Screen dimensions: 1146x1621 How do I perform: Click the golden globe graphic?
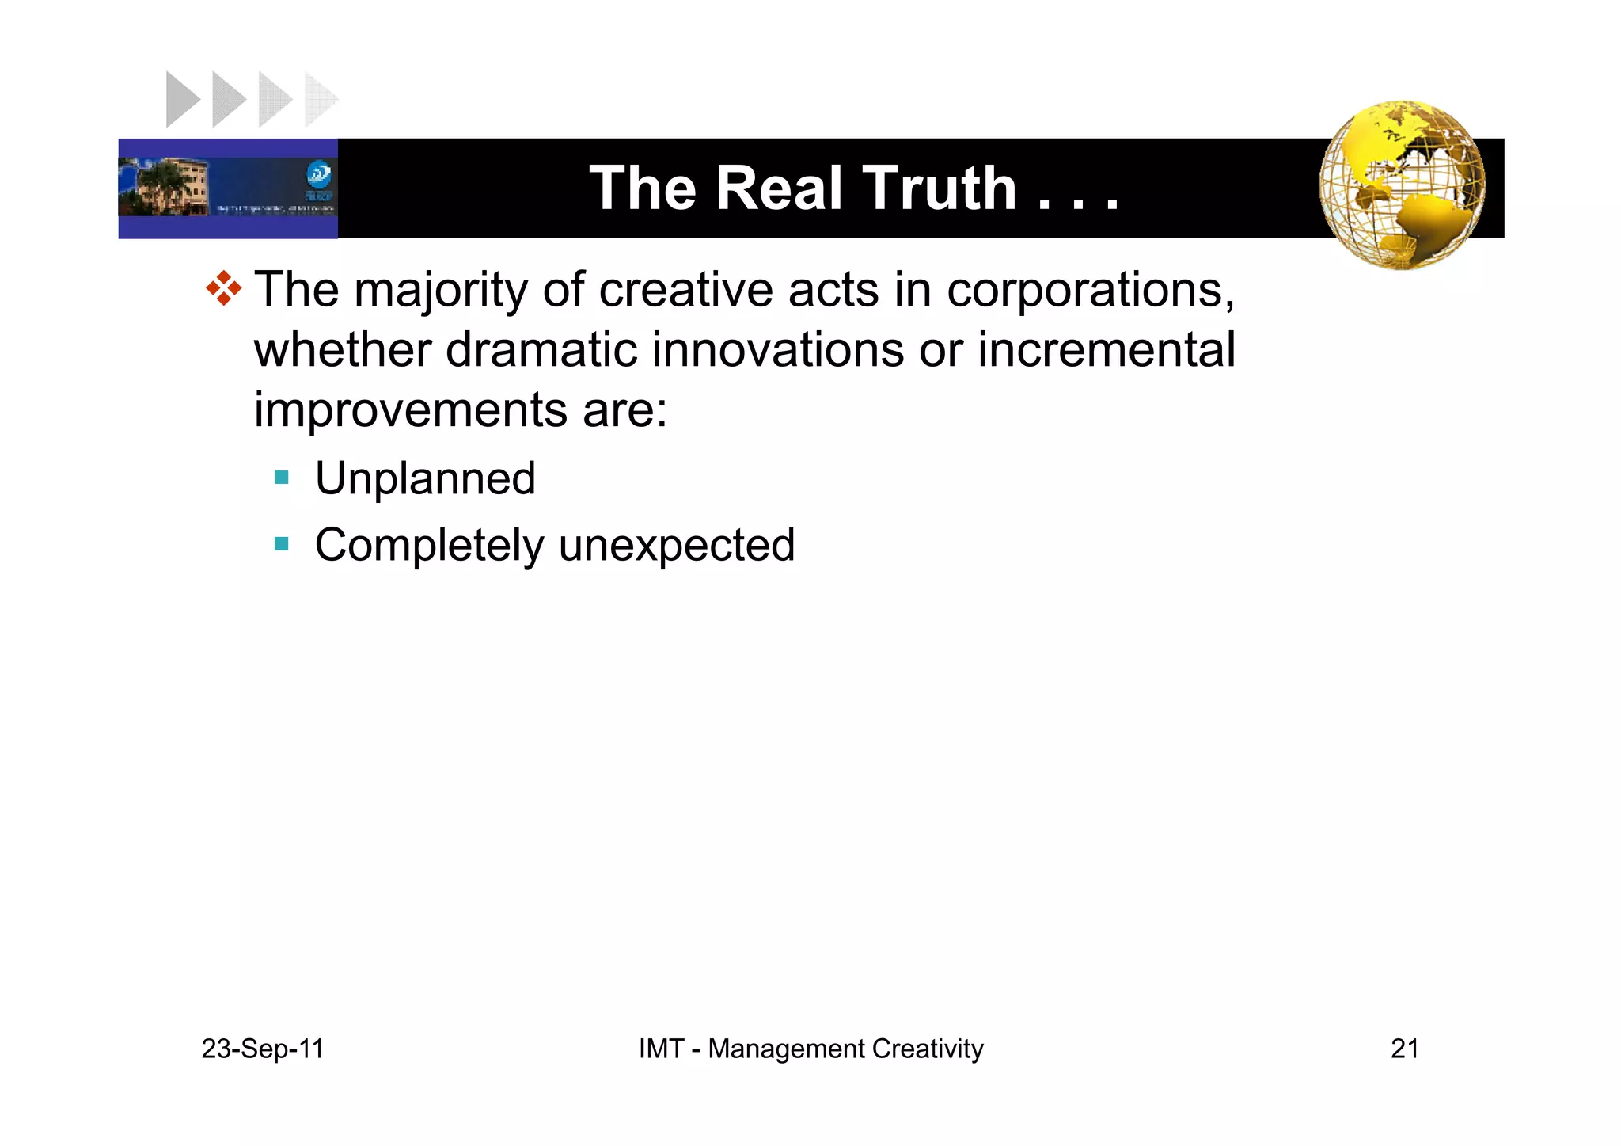(1402, 185)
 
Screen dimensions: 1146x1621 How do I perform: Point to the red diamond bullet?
(223, 288)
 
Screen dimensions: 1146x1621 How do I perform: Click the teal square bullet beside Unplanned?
(282, 478)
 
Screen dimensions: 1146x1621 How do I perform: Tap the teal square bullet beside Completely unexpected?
(282, 544)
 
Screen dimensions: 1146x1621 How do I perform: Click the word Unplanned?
(425, 478)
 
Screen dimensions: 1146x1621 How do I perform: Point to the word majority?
(440, 290)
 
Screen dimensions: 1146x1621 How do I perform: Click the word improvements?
(410, 409)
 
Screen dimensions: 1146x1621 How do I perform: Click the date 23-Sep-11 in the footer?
(263, 1049)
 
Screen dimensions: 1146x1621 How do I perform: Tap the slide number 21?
(1404, 1049)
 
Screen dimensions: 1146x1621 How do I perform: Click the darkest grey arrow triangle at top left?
(181, 100)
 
